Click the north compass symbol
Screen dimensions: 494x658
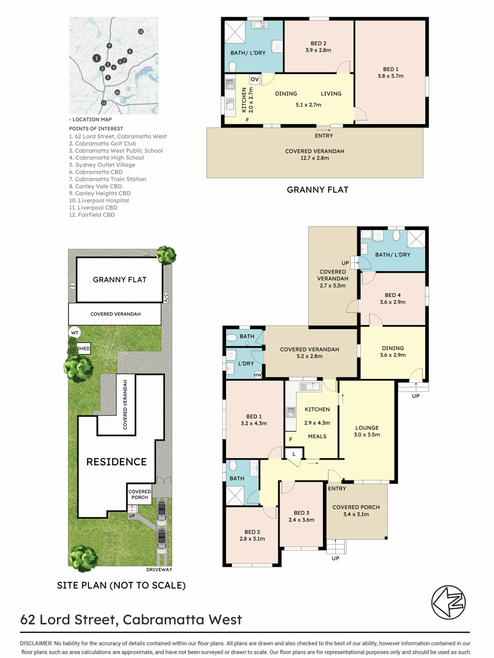coord(448,602)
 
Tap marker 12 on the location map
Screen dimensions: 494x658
coord(140,32)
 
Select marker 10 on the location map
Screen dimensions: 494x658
coord(117,93)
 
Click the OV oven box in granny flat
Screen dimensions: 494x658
coord(255,79)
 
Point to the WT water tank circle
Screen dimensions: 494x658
coord(74,333)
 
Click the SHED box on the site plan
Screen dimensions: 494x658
coord(83,348)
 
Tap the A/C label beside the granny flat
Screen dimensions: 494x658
coord(166,297)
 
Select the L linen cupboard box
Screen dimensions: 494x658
coord(294,454)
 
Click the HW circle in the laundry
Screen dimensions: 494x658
coord(258,375)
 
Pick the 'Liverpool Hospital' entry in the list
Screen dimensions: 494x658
coord(99,200)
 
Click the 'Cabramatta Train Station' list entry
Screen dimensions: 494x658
coord(108,179)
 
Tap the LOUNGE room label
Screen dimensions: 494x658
coord(367,428)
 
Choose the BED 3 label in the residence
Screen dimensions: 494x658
coord(301,513)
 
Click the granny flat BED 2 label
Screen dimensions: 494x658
coord(318,43)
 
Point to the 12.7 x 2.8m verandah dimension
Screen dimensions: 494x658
coord(315,158)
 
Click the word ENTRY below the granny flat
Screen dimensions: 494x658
coord(324,136)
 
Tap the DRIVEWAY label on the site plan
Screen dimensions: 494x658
coord(159,570)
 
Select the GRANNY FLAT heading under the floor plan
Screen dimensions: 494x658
coord(317,190)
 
